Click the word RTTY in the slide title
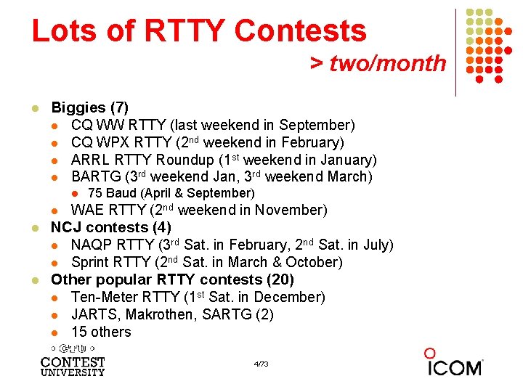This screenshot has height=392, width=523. (x=185, y=30)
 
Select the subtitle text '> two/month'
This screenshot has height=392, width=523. (x=378, y=63)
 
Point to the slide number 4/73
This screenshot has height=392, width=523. (x=261, y=363)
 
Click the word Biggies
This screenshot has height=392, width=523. (x=78, y=108)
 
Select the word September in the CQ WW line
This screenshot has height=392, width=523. (x=317, y=126)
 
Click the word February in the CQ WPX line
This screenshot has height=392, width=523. (x=307, y=142)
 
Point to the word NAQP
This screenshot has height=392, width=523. (x=92, y=245)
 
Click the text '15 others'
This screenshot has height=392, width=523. (x=101, y=332)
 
